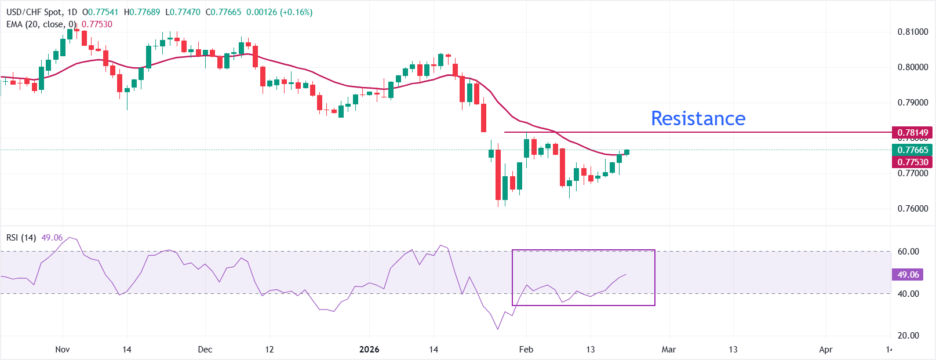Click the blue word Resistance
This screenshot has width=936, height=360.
click(698, 118)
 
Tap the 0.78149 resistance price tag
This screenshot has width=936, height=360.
click(912, 133)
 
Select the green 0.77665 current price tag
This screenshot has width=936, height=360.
click(912, 150)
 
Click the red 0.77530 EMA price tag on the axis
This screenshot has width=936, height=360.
click(912, 162)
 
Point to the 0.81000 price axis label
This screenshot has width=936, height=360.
click(912, 32)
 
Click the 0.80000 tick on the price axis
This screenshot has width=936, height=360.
click(912, 67)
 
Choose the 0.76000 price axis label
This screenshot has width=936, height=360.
click(912, 209)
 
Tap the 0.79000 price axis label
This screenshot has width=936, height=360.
click(912, 103)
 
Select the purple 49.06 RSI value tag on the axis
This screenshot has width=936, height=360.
click(908, 275)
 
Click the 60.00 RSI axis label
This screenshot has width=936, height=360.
click(908, 252)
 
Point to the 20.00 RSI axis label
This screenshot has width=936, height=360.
click(908, 336)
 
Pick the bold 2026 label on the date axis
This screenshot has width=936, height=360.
click(369, 350)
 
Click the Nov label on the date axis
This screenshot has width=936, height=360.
click(63, 350)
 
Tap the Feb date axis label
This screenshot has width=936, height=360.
click(526, 350)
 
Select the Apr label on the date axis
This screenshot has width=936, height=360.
click(826, 350)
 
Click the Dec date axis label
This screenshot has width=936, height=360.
click(205, 350)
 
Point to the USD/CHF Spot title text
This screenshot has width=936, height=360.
click(34, 12)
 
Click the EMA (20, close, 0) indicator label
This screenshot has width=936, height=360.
click(41, 24)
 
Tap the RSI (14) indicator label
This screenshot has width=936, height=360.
click(21, 238)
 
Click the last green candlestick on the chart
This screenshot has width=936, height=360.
click(627, 152)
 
